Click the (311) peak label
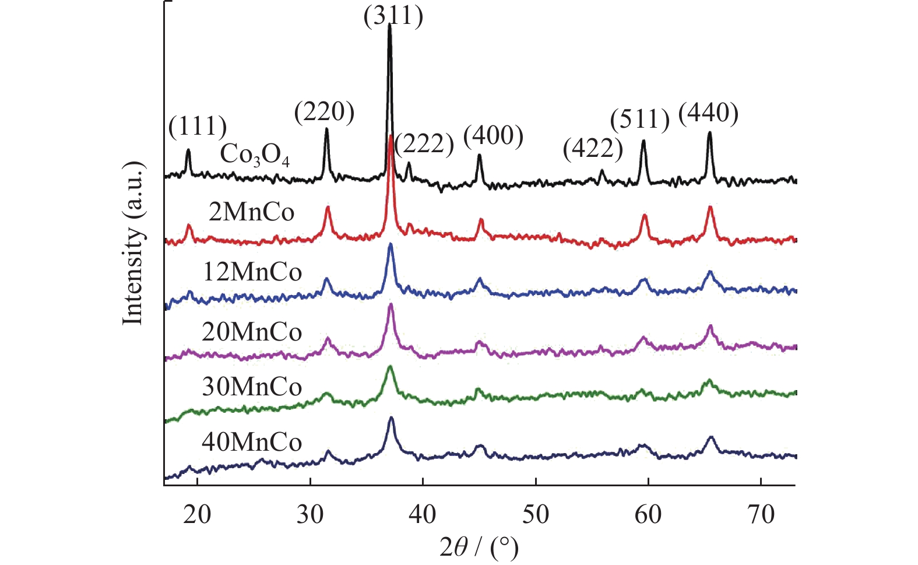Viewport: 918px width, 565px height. point(393,16)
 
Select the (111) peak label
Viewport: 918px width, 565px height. point(198,126)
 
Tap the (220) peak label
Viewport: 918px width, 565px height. point(324,112)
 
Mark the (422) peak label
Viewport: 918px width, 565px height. point(593,149)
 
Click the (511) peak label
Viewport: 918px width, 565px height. point(640,120)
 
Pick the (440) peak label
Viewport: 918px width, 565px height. point(708,113)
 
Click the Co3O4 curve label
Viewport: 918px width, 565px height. point(255,155)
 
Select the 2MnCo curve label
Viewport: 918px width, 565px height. point(252,212)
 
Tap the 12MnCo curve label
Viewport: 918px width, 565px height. point(252,272)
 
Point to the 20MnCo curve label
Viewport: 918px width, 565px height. point(252,332)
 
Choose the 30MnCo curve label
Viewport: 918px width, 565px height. point(252,387)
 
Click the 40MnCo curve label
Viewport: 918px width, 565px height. point(252,442)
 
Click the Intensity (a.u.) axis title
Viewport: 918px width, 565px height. point(133,243)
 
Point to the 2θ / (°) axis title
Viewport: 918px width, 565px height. point(479,547)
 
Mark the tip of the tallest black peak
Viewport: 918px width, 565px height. point(389,25)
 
